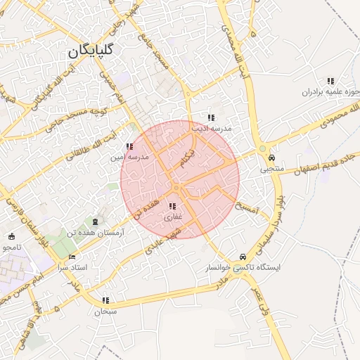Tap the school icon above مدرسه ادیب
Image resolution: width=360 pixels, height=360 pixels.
click(x=210, y=117)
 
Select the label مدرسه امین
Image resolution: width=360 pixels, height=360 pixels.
click(x=128, y=157)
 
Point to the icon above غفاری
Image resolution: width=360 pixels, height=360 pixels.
click(x=172, y=206)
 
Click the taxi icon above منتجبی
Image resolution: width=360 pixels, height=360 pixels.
click(x=271, y=158)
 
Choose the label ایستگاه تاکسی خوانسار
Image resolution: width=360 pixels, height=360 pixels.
click(x=243, y=268)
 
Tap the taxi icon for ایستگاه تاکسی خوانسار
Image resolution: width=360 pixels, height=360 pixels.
click(x=243, y=257)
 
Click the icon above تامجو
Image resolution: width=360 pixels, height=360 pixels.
click(x=12, y=236)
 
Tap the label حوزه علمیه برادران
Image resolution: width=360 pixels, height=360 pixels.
click(x=330, y=91)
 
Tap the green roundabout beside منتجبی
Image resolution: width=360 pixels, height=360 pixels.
click(x=262, y=148)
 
